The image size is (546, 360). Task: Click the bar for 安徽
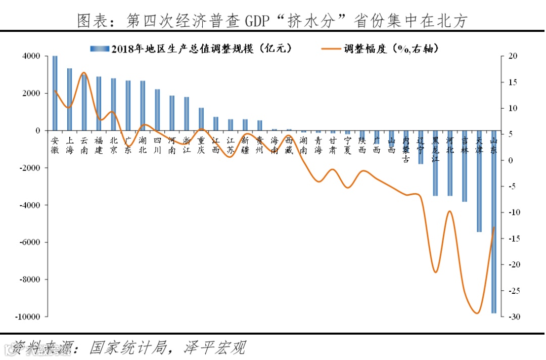[x=55, y=93]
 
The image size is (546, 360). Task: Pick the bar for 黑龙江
[x=435, y=163]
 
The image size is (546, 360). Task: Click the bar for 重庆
[x=201, y=119]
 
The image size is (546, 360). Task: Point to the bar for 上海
[x=70, y=99]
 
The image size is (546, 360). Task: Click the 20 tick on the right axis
[x=512, y=56]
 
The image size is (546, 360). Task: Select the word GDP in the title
[x=258, y=21]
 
